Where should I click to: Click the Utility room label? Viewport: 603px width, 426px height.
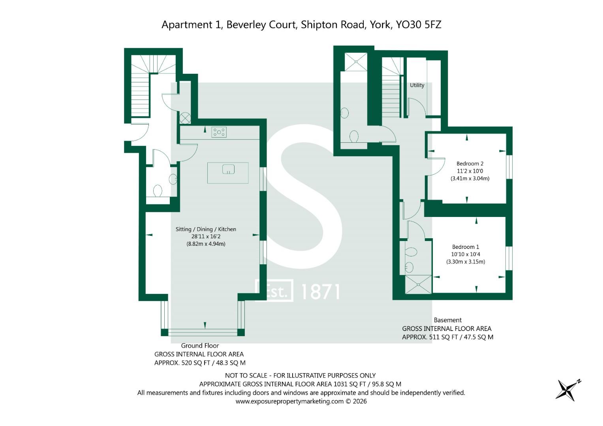(417, 85)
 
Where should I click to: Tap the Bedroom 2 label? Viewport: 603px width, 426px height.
(470, 164)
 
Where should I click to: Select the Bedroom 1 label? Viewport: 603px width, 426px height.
(466, 247)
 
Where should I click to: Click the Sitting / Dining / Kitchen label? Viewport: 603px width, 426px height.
(206, 229)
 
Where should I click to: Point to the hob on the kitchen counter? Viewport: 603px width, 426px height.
(219, 132)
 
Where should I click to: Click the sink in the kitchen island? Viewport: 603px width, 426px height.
(228, 170)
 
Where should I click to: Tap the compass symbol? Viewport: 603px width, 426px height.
(567, 390)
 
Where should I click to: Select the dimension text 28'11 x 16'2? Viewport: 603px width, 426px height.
(206, 237)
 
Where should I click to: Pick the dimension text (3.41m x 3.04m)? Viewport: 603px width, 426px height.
(470, 178)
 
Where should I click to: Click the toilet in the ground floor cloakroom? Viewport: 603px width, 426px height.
(158, 191)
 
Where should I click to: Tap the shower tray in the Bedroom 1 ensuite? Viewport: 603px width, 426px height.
(419, 284)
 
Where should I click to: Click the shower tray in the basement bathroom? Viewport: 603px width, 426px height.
(356, 62)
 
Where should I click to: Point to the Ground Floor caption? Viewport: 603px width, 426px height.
(200, 346)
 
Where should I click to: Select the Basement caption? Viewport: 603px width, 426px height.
(447, 320)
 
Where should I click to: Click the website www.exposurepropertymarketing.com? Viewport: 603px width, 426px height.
(289, 402)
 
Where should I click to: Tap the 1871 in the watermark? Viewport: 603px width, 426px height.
(320, 292)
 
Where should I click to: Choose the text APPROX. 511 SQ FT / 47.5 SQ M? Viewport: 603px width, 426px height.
(447, 337)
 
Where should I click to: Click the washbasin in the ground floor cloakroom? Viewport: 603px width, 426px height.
(173, 179)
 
